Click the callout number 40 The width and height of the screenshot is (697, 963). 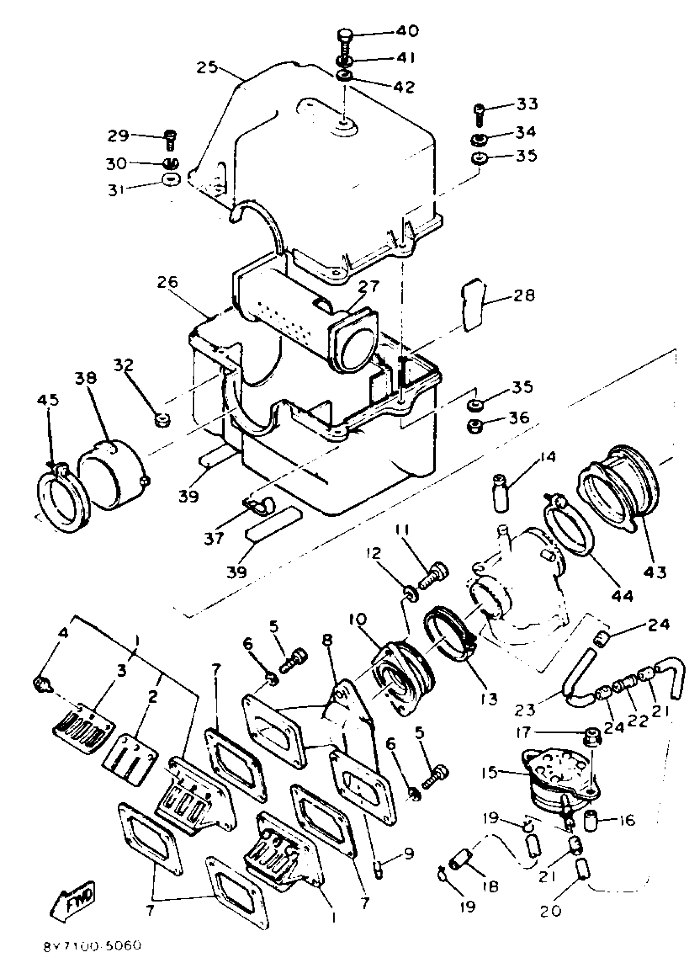pyautogui.click(x=408, y=31)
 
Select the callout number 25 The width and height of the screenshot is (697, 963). pyautogui.click(x=207, y=67)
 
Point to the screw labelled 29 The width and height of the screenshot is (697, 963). pyautogui.click(x=170, y=139)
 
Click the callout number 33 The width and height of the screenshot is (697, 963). pyautogui.click(x=527, y=104)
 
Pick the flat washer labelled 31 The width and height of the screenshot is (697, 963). pyautogui.click(x=171, y=179)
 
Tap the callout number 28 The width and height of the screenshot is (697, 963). pyautogui.click(x=524, y=295)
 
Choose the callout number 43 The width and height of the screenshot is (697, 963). pyautogui.click(x=655, y=573)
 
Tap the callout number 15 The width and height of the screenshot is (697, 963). pyautogui.click(x=490, y=772)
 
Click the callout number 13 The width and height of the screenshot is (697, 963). pyautogui.click(x=489, y=699)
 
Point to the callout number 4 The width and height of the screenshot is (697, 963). pyautogui.click(x=63, y=634)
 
